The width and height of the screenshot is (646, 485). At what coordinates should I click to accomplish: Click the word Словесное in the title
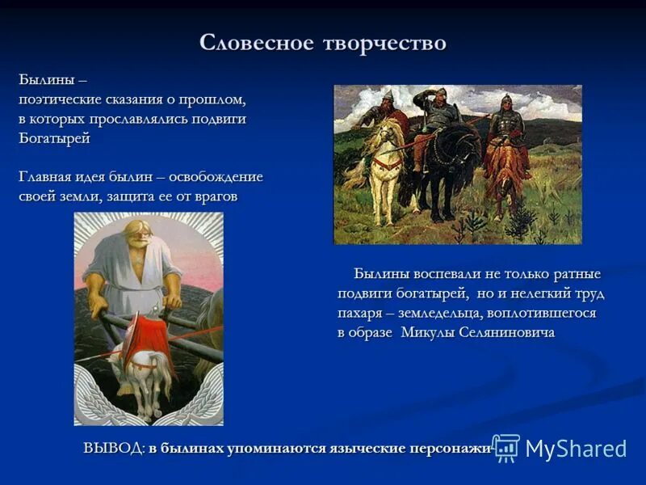point(251,43)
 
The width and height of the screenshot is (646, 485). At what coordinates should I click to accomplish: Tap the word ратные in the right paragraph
point(573,274)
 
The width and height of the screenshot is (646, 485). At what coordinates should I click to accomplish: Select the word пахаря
point(363,313)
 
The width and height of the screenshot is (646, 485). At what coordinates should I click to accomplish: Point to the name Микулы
point(426,332)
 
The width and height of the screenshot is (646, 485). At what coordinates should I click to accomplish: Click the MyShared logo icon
point(506,447)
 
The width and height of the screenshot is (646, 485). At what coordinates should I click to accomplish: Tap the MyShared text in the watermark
point(576,449)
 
